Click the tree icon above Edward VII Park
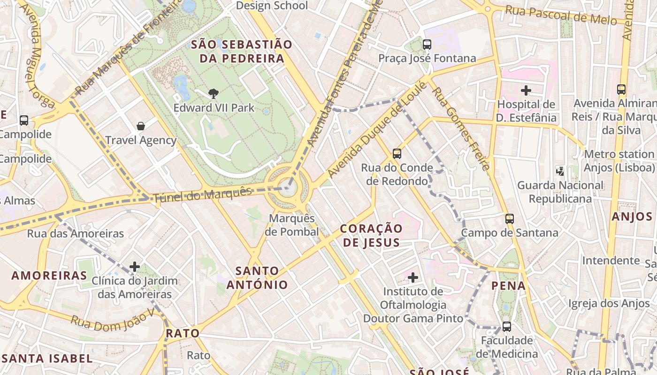click(214, 93)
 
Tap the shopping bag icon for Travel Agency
click(141, 126)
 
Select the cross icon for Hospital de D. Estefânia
click(526, 90)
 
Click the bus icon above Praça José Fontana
click(427, 45)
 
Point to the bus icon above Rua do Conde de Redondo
click(397, 153)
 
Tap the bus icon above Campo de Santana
click(510, 218)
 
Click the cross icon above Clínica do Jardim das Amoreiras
click(135, 267)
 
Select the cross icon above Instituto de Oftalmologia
click(413, 277)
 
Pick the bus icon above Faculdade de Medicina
click(507, 326)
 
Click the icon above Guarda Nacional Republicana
click(560, 171)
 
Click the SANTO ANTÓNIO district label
click(257, 277)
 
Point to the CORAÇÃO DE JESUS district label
click(371, 235)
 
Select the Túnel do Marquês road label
click(203, 194)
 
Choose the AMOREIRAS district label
click(49, 275)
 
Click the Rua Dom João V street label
click(112, 322)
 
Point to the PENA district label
click(508, 285)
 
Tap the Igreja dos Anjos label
click(609, 304)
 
